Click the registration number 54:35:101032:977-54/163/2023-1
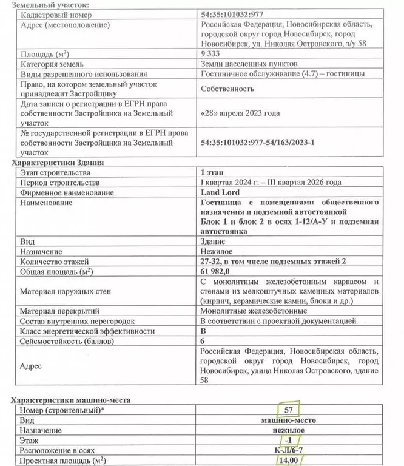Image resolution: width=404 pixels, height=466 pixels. (260, 143)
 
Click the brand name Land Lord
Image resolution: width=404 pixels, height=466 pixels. (217, 192)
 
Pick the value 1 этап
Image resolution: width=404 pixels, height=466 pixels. (212, 173)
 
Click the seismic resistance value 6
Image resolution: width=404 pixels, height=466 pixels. (203, 341)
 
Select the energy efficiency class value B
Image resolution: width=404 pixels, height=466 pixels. (203, 331)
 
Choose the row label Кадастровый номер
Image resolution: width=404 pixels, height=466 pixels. (52, 14)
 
